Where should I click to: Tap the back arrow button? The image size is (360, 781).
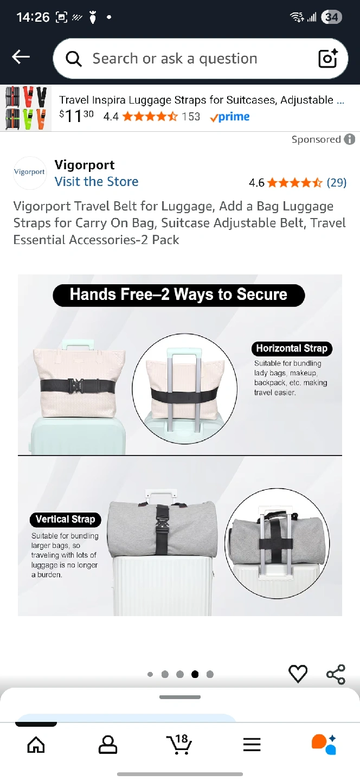(x=21, y=57)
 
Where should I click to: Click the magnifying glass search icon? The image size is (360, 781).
(x=74, y=59)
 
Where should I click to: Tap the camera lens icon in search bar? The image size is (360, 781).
(x=328, y=58)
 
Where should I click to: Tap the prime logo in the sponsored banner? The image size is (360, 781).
(x=230, y=117)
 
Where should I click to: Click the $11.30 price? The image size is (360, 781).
(x=76, y=116)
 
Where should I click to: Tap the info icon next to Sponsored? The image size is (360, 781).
(x=350, y=139)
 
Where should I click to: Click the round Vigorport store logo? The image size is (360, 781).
(x=30, y=172)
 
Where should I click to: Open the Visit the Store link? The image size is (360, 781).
(x=97, y=182)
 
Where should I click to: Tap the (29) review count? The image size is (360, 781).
(x=336, y=182)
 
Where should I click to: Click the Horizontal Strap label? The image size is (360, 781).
(x=292, y=348)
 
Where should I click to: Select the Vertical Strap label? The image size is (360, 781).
(x=66, y=519)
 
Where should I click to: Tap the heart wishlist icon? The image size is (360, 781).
(x=298, y=674)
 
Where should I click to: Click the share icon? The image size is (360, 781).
(x=336, y=674)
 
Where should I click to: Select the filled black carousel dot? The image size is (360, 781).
(x=195, y=674)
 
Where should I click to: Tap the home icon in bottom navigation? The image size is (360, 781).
(x=36, y=745)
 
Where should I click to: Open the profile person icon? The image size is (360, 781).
(x=108, y=745)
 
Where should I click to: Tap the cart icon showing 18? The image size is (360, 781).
(x=179, y=744)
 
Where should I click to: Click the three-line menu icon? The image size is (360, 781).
(x=252, y=745)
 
